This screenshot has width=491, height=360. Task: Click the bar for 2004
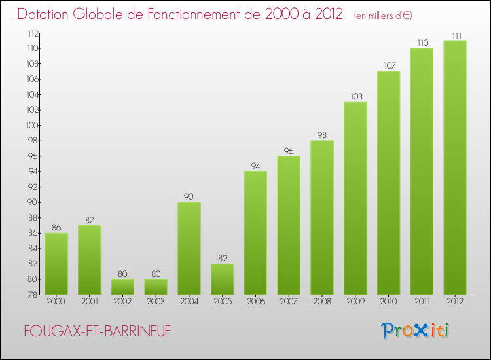189,249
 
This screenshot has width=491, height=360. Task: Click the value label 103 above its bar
355,96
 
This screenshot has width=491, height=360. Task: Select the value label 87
90,219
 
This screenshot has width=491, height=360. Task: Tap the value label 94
255,166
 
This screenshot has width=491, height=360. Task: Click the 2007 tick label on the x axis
289,302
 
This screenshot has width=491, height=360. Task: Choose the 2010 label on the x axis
388,302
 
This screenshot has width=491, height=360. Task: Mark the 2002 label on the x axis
122,302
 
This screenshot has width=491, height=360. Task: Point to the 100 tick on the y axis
30,126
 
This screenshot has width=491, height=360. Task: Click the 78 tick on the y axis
32,295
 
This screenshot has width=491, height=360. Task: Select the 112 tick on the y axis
31,33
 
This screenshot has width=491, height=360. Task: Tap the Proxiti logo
416,331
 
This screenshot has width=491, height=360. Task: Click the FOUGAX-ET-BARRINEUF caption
97,332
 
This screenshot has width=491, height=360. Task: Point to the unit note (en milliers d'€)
383,15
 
